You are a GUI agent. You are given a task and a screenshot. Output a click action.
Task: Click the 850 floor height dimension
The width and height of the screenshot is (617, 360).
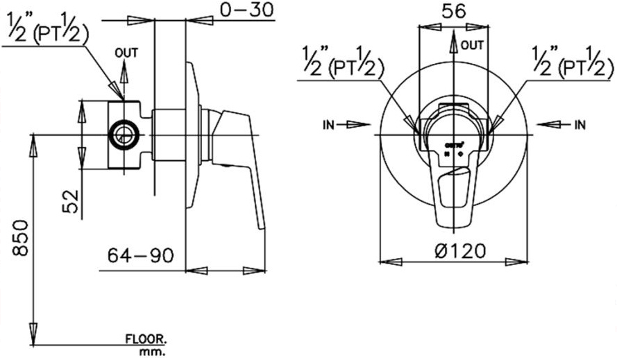[x=19, y=239]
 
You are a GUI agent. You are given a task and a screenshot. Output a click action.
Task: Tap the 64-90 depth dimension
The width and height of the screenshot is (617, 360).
[x=139, y=256]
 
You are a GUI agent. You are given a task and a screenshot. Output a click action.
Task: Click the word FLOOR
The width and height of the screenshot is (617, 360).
[x=145, y=340]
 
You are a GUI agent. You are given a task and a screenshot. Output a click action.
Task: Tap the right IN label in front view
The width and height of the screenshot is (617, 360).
[x=580, y=125]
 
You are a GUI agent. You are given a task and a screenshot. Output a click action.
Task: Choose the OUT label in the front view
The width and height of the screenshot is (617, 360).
[x=472, y=46]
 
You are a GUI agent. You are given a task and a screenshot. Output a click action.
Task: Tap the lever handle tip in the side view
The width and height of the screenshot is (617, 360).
[x=260, y=222]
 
